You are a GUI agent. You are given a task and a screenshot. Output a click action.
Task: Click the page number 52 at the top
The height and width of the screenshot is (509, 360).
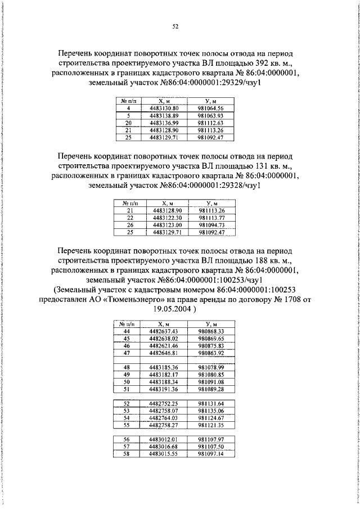tap(175, 26)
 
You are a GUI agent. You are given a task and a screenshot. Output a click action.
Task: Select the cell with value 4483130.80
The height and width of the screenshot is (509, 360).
tap(164, 107)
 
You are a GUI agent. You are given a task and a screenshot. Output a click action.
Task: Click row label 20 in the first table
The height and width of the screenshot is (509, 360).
tap(129, 122)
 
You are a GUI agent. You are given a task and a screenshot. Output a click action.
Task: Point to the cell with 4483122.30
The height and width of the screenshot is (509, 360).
tap(167, 218)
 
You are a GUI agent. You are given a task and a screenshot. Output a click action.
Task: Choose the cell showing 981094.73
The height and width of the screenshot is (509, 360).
tap(211, 224)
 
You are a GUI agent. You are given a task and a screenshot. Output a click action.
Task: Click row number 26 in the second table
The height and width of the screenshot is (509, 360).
tap(130, 224)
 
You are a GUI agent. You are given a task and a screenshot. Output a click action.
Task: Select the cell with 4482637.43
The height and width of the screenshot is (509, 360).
tap(164, 332)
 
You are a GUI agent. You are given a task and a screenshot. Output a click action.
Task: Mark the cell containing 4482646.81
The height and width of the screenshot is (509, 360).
tap(164, 353)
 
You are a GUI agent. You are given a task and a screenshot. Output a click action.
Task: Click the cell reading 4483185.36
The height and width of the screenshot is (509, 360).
tap(164, 367)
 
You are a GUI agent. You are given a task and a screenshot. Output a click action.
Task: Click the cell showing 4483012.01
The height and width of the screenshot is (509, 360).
tap(164, 439)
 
